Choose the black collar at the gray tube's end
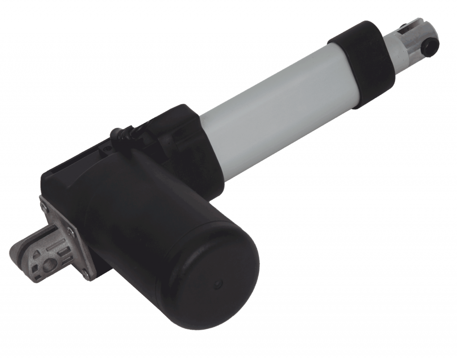point(357,63)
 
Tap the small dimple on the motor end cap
point(218,283)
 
